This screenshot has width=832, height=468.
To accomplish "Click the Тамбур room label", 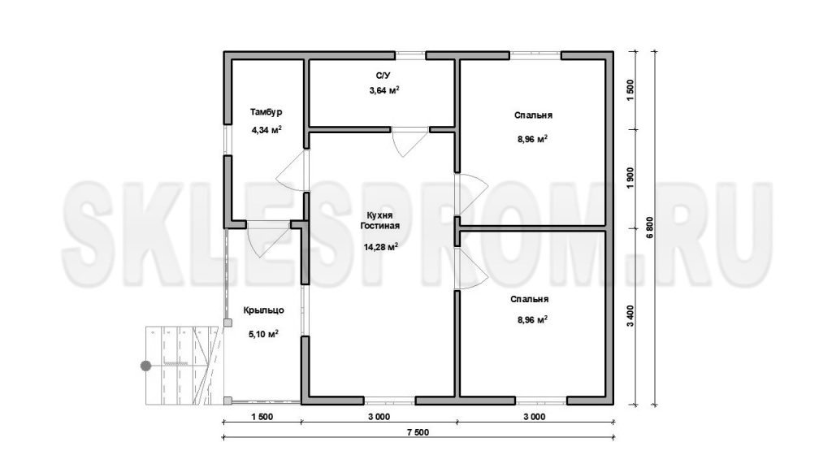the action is click(x=266, y=112).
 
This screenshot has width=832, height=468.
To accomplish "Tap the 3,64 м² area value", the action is click(x=384, y=90).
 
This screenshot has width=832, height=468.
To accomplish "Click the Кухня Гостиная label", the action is click(x=380, y=220).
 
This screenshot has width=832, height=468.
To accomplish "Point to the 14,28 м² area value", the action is click(x=380, y=247).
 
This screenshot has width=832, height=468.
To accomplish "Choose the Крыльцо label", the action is click(x=264, y=310).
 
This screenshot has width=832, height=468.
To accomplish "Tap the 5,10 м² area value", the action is click(x=264, y=334).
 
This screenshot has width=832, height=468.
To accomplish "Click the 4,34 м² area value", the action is click(x=266, y=129).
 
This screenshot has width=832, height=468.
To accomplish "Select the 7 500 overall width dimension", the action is click(x=418, y=432).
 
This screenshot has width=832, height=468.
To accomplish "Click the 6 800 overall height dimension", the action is click(x=651, y=228).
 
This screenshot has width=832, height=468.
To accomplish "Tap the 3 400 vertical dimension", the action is click(x=630, y=317).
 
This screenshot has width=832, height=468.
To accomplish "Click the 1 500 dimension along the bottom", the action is click(x=262, y=417).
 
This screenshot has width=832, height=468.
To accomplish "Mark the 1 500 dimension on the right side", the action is click(x=630, y=90).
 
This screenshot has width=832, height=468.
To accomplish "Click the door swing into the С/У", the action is click(x=409, y=141).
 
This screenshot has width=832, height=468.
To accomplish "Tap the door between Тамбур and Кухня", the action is click(x=292, y=171).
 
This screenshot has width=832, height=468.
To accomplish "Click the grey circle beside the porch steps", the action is click(x=145, y=366).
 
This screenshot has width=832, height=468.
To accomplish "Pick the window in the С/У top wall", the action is click(x=410, y=54).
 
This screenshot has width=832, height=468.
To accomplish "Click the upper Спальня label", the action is click(x=533, y=115).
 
